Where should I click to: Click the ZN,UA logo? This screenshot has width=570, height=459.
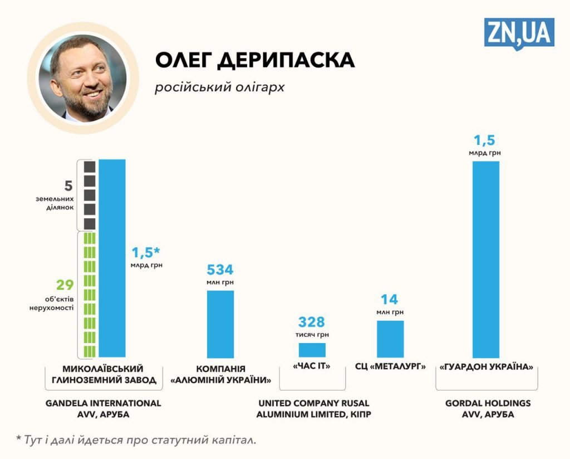click(518, 33)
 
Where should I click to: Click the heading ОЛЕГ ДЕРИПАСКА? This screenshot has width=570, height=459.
click(254, 60)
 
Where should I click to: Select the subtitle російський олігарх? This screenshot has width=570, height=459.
click(219, 87)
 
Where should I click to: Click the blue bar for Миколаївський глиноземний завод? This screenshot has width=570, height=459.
click(112, 258)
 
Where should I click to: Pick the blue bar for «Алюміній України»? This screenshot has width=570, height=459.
click(220, 324)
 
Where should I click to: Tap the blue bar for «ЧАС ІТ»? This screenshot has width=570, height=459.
click(312, 350)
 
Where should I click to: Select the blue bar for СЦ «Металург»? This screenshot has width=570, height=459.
click(390, 339)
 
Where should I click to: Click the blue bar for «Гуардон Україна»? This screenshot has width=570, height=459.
click(485, 259)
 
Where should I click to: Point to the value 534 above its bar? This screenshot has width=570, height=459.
click(220, 270)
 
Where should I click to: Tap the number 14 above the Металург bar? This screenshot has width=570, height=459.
click(390, 300)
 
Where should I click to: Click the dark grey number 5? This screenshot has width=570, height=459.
click(68, 185)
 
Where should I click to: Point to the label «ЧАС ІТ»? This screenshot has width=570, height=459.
click(312, 367)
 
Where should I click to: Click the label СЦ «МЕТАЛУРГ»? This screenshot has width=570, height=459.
click(390, 367)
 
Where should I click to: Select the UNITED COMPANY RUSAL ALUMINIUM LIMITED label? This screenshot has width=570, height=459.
click(313, 409)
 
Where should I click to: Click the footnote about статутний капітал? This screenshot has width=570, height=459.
click(136, 440)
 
